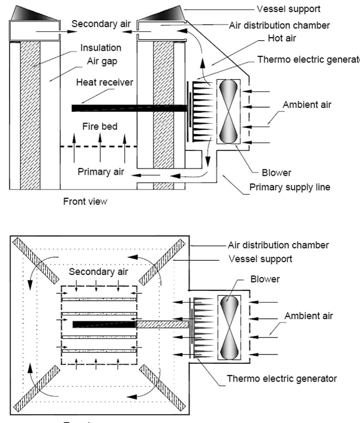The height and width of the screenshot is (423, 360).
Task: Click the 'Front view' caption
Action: pos(85,202)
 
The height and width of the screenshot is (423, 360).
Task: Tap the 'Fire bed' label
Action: pos(100,126)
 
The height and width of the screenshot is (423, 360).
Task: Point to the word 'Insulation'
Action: pos(101,47)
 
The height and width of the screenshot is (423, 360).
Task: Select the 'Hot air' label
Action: pos(282,38)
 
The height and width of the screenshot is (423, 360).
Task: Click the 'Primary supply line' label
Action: pos(290,187)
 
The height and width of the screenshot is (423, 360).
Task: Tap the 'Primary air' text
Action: pos(101,172)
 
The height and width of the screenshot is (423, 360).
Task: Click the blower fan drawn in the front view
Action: pos(229,111)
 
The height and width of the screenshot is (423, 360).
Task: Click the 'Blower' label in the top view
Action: pos(262,279)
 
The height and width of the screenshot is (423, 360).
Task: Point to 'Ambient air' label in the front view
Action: pos(307,105)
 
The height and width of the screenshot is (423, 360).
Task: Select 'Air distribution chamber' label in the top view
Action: pos(278,245)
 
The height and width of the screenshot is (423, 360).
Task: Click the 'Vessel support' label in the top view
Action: pos(260,259)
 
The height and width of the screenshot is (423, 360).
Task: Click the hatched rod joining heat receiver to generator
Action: pos(162,324)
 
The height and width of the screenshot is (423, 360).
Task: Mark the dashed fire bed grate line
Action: pos(99,146)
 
